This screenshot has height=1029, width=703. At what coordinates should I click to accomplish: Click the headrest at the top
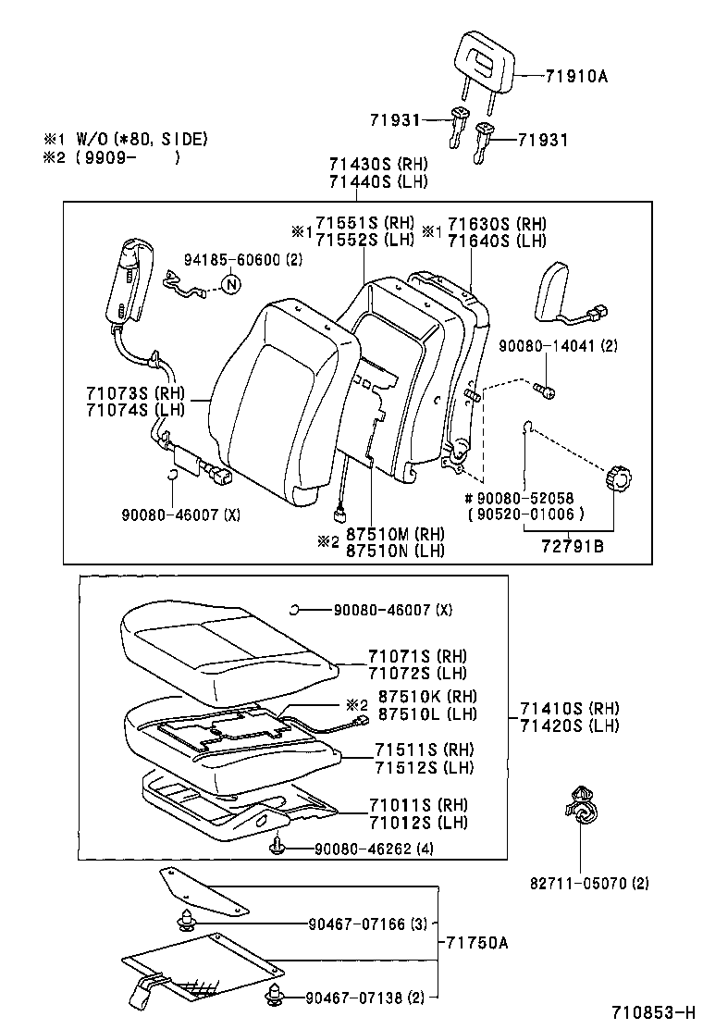[x=484, y=57]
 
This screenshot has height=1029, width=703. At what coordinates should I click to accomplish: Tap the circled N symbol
[x=231, y=284]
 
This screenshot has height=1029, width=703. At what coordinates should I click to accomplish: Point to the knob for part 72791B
[x=618, y=480]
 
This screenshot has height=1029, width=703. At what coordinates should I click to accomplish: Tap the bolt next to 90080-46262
[x=276, y=846]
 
